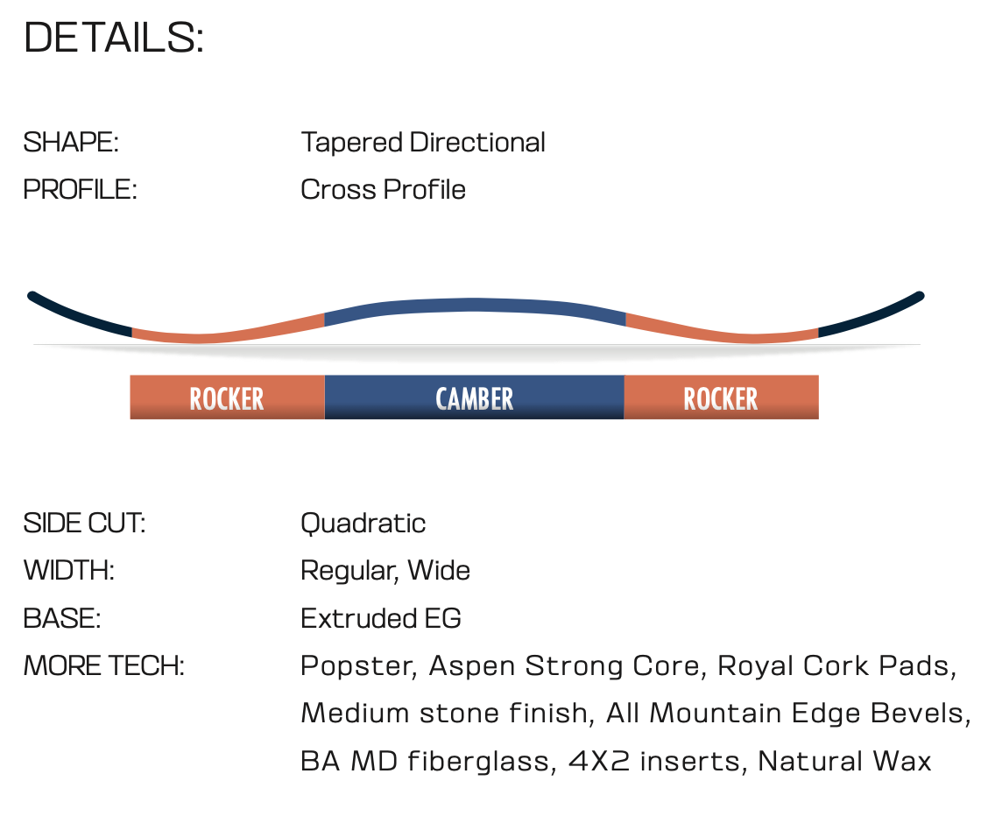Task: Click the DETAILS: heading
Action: (x=114, y=38)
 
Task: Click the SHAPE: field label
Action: (x=71, y=142)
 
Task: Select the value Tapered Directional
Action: (x=423, y=142)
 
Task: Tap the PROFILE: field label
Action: (x=80, y=190)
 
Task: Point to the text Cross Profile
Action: (x=384, y=190)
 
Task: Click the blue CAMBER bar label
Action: (x=474, y=397)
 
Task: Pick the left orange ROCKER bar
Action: (x=227, y=397)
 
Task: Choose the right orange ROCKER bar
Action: (x=722, y=397)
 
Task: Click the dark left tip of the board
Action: (x=76, y=315)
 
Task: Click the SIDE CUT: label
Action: (x=84, y=524)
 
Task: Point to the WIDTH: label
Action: (x=69, y=571)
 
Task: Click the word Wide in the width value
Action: (x=439, y=571)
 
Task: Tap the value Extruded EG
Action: (x=381, y=618)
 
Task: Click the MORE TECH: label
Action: (x=104, y=666)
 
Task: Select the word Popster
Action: (x=358, y=666)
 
